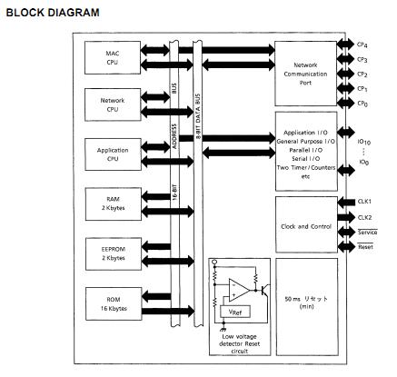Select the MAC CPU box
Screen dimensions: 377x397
pyautogui.click(x=113, y=58)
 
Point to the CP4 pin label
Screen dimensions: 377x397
pyautogui.click(x=362, y=42)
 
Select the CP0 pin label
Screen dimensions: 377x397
pyautogui.click(x=362, y=104)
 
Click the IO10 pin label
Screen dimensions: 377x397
pyautogui.click(x=362, y=142)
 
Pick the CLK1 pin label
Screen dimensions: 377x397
pyautogui.click(x=363, y=201)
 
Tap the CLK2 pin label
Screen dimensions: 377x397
pyautogui.click(x=363, y=217)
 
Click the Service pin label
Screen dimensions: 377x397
pyautogui.click(x=366, y=233)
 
